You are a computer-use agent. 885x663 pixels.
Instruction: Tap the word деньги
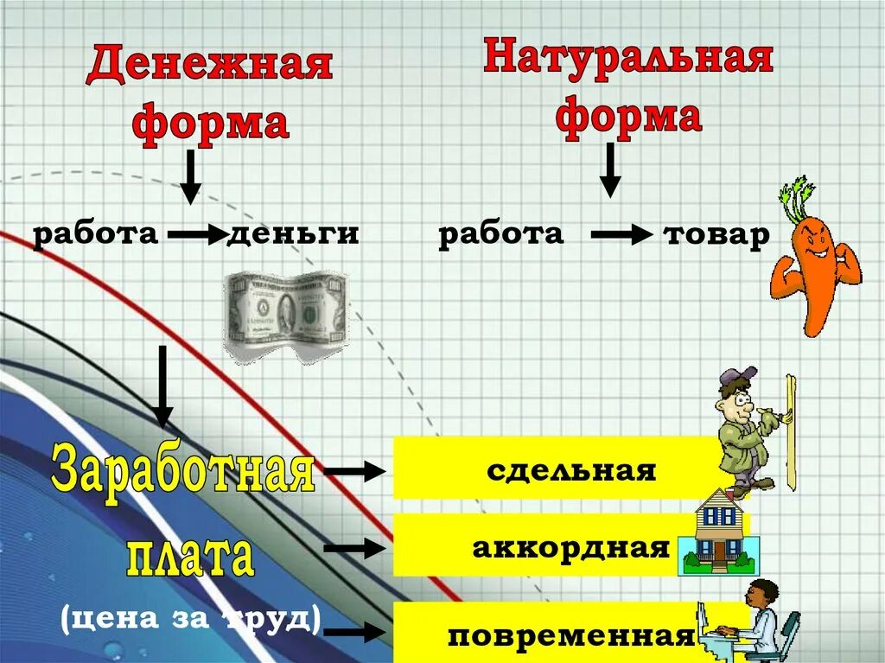(293, 234)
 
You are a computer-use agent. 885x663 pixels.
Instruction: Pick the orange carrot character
(814, 268)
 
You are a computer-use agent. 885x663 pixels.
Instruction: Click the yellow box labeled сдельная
(570, 470)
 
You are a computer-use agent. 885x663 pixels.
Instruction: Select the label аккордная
(571, 547)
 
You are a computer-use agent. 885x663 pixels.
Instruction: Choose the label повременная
(571, 637)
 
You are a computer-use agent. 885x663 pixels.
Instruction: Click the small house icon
(719, 533)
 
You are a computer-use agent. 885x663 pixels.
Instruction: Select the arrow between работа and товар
(621, 234)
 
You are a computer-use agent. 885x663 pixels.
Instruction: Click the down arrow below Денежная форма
(190, 176)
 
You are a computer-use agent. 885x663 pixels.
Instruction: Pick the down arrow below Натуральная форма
(610, 169)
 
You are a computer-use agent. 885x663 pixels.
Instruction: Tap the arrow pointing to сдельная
(354, 471)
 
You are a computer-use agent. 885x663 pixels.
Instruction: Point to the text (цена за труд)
(190, 618)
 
